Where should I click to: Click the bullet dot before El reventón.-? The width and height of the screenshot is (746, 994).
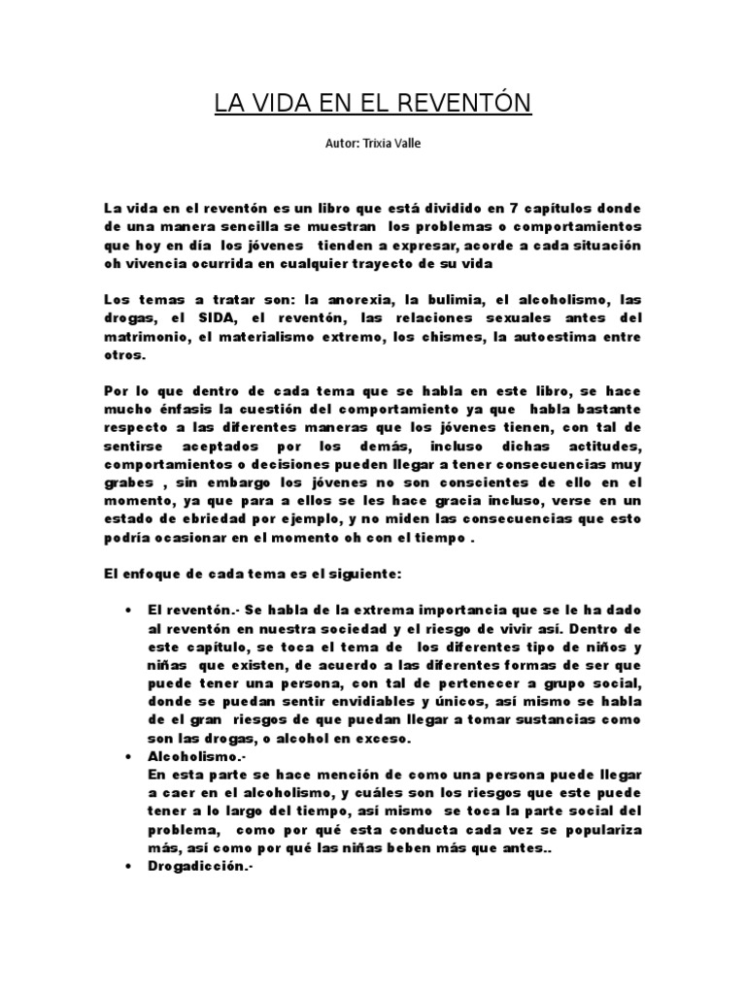click(129, 610)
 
